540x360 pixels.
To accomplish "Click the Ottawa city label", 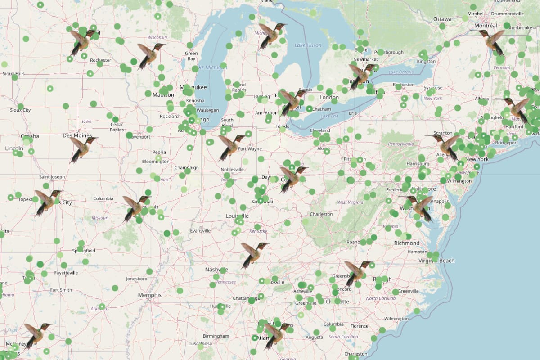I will [x=442, y=19].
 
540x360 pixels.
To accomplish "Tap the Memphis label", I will [x=149, y=295].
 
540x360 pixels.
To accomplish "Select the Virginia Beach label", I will [x=436, y=261].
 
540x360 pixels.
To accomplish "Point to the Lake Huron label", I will [x=308, y=45].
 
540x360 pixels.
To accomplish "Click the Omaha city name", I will [x=29, y=136].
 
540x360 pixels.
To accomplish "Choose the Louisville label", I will [x=237, y=216].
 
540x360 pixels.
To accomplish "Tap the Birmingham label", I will [x=216, y=336].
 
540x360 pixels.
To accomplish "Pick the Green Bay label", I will [x=191, y=56].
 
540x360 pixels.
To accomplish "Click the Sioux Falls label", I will [x=13, y=73].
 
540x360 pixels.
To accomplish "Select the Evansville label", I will [x=200, y=231].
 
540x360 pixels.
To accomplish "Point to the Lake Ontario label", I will [x=400, y=72].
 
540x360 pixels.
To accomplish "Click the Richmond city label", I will [x=407, y=243].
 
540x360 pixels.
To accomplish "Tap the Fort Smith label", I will [x=61, y=290].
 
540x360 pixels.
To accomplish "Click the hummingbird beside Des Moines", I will [x=83, y=148].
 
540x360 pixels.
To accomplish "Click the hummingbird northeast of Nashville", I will [x=254, y=254].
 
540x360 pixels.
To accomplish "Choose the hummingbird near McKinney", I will [x=37, y=335].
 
